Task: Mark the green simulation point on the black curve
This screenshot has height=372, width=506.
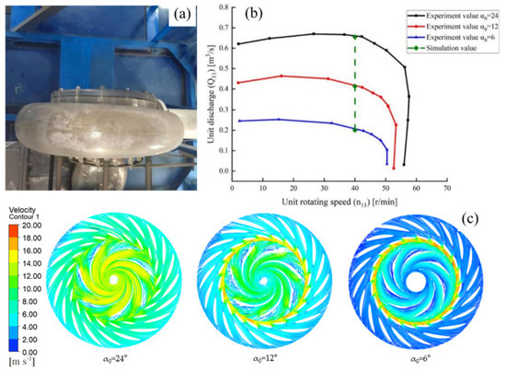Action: [355, 36]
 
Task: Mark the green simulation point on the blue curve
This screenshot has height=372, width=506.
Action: [355, 130]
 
